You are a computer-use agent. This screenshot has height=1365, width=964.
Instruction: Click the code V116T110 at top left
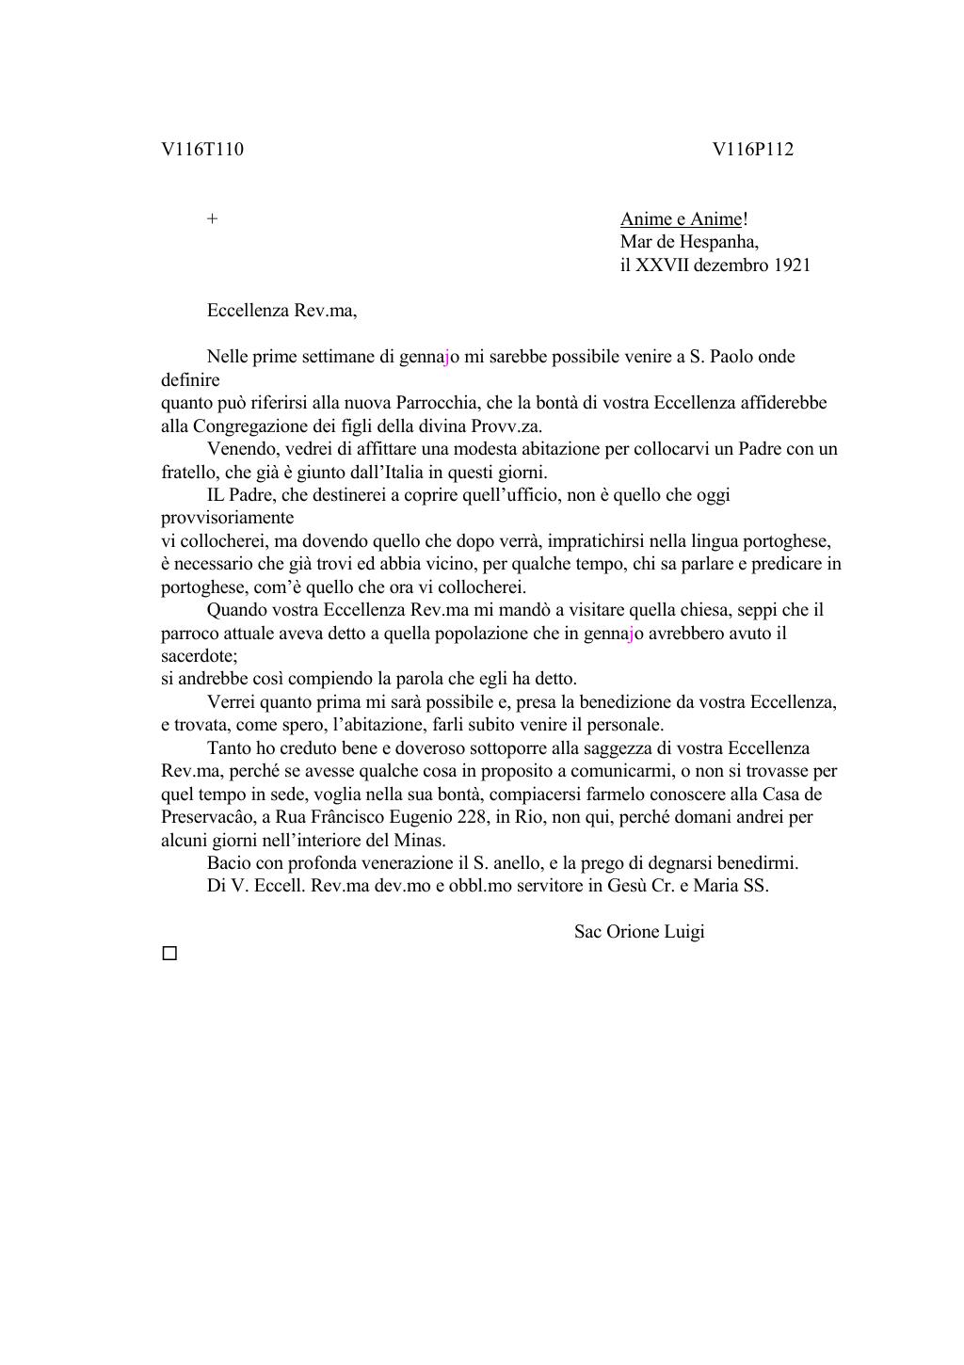202,150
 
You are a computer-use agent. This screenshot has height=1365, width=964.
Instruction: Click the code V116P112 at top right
752,150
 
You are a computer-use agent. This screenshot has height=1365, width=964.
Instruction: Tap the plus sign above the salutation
213,219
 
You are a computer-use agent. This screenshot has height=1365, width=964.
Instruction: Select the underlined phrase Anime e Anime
681,219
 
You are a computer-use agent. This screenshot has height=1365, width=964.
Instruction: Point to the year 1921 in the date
792,265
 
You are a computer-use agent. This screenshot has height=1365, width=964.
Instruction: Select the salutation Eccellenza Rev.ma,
281,311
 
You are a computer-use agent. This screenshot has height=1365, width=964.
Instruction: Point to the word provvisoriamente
227,518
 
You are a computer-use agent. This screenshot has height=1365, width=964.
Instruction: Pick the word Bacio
229,863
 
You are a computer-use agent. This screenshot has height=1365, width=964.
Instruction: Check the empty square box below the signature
169,954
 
